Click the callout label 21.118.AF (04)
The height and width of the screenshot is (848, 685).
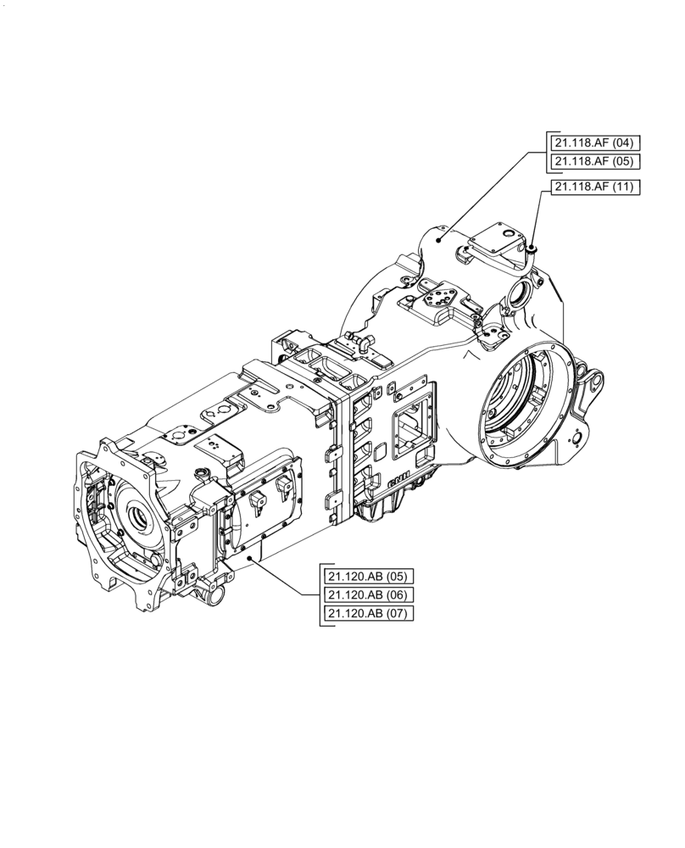click(593, 142)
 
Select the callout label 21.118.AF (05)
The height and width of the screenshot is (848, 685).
click(593, 161)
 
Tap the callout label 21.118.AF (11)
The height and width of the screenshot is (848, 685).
click(593, 187)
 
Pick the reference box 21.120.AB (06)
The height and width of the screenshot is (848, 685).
click(368, 594)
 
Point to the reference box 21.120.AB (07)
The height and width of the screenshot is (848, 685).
click(368, 613)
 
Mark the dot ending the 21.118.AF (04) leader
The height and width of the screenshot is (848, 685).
click(438, 240)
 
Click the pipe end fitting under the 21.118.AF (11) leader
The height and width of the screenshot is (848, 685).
click(532, 248)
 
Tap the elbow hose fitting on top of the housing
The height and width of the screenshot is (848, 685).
click(363, 343)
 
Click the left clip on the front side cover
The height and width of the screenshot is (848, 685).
click(256, 502)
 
